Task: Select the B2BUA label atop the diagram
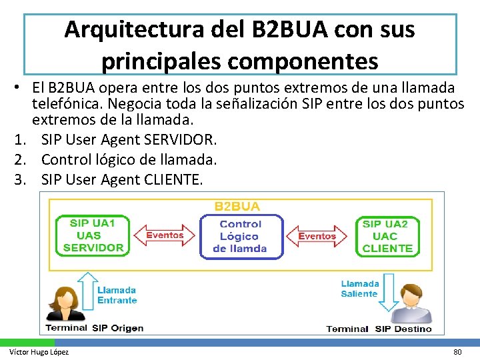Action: (237, 207)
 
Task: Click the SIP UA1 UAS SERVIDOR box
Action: (93, 235)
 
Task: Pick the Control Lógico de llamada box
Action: (240, 237)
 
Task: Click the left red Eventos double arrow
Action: (164, 235)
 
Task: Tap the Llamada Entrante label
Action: (117, 295)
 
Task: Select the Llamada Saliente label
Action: (360, 289)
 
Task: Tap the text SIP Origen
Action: (117, 327)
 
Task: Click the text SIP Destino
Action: (403, 329)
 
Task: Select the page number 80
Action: (457, 352)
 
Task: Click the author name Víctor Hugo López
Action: (39, 352)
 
